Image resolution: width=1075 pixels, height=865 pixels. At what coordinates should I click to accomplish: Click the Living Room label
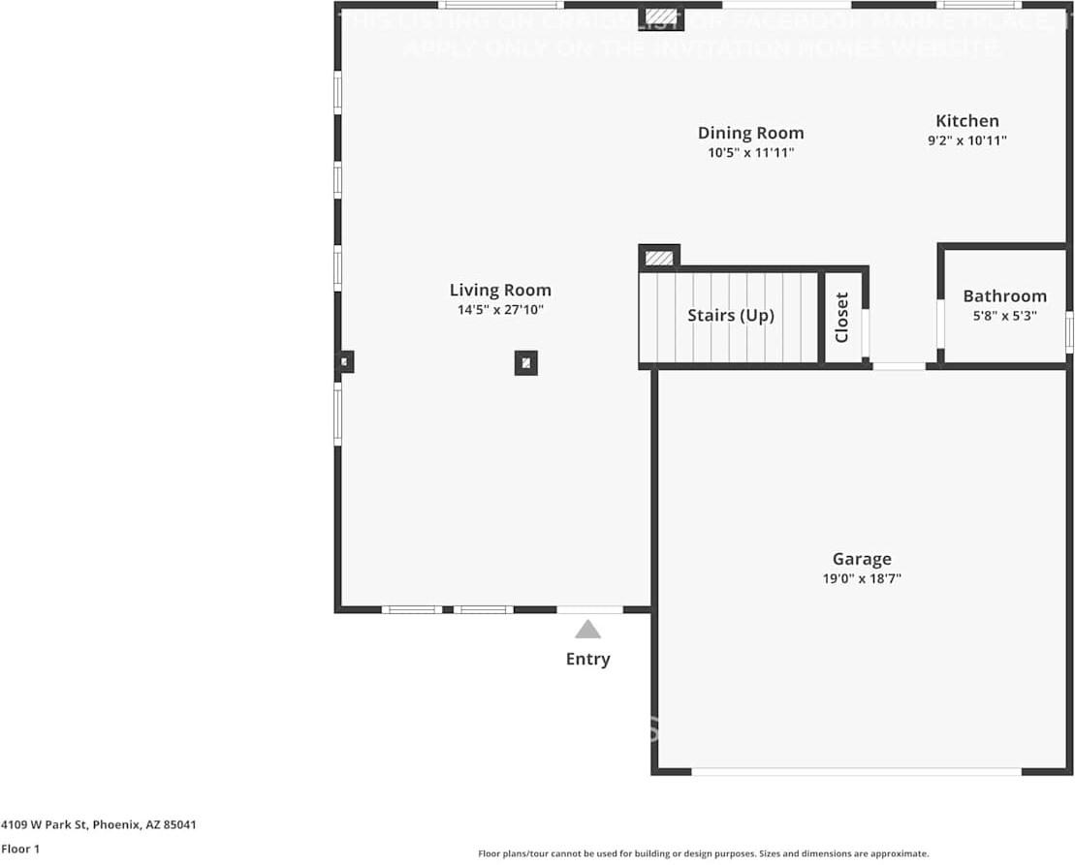500,290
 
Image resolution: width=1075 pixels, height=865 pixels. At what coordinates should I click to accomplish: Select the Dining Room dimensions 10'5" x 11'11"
750,153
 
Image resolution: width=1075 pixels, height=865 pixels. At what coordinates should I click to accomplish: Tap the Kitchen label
966,121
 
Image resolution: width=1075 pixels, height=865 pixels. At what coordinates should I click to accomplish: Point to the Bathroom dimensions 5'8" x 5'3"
1004,315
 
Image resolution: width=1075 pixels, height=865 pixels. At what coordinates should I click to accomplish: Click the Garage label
862,559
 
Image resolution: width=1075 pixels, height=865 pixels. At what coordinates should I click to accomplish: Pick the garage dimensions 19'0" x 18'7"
862,579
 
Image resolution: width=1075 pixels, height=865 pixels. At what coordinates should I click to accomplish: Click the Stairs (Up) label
731,316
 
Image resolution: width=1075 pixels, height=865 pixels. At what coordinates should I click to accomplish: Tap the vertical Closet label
841,317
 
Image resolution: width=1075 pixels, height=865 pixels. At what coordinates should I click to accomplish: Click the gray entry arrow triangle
587,630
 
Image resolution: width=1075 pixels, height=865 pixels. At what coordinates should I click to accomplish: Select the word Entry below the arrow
587,660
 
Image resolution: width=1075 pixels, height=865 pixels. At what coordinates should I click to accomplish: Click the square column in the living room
525,363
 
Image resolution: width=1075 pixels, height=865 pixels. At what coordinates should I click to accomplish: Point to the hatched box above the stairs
659,258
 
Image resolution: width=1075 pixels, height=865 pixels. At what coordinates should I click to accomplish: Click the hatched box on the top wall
661,16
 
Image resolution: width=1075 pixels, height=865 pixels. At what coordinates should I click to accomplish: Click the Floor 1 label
21,850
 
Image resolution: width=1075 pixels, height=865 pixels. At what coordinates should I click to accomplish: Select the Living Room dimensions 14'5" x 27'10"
500,310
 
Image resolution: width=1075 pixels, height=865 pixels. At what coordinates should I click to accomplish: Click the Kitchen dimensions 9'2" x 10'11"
966,140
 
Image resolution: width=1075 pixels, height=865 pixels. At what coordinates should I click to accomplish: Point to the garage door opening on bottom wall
856,772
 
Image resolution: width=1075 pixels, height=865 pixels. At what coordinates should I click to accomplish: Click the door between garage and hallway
899,366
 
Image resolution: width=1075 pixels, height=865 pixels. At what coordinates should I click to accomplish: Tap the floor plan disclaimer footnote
703,853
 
